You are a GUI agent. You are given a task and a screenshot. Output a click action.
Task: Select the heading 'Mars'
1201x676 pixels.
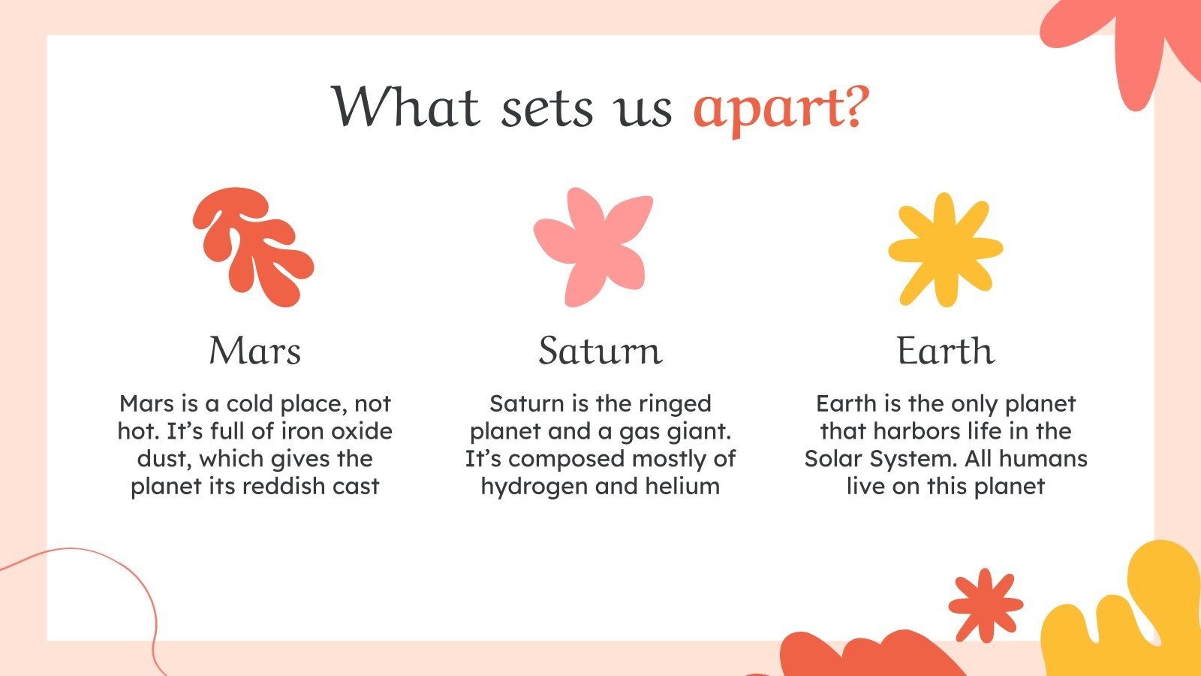tap(254, 351)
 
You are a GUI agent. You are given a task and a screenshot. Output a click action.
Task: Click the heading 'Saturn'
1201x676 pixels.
tap(600, 351)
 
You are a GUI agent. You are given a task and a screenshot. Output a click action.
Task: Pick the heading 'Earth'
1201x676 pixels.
tap(946, 351)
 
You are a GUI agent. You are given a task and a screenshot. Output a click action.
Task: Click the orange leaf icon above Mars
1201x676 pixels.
tap(253, 247)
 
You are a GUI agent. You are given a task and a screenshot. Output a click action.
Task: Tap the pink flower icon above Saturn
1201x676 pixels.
tap(593, 247)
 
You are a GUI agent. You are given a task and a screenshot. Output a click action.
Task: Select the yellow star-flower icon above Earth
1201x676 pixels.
tap(945, 249)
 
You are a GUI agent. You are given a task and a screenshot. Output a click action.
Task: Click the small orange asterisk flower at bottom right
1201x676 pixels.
tap(986, 605)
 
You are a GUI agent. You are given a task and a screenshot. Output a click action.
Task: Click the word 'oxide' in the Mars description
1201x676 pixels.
tap(362, 431)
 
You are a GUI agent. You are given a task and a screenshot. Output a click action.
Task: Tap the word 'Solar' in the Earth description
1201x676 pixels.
tap(833, 459)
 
